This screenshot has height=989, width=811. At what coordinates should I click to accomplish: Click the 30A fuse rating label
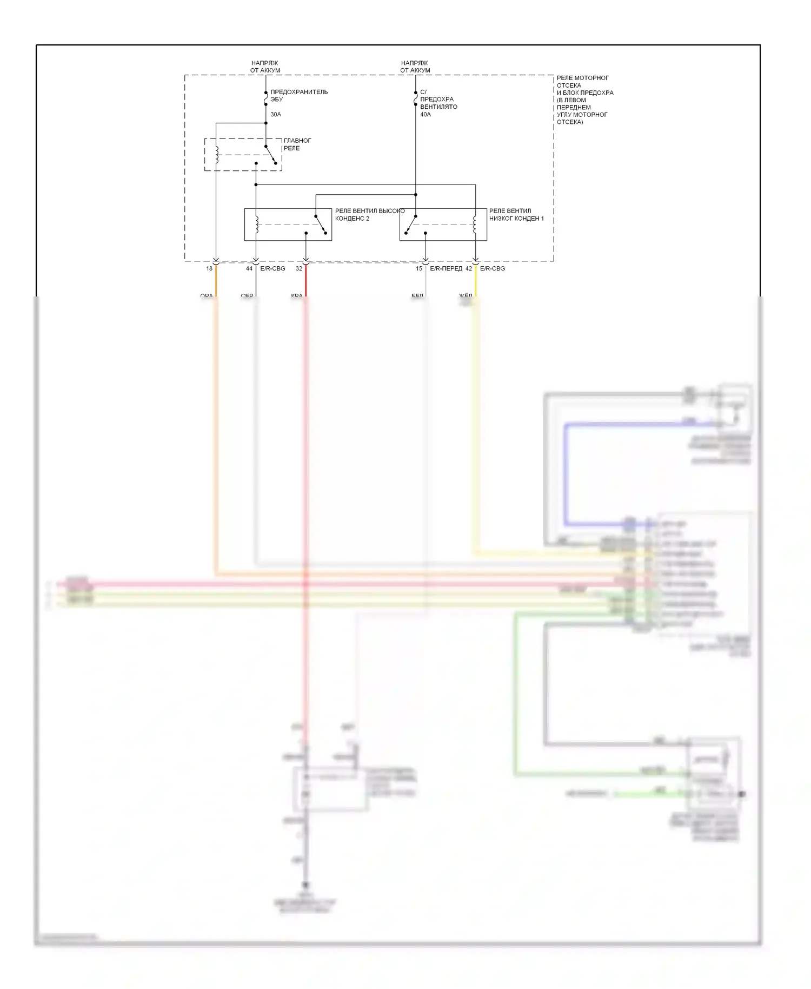(x=276, y=115)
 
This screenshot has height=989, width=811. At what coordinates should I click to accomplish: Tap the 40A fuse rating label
(x=426, y=115)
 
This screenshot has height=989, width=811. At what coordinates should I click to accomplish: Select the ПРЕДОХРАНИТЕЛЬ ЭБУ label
(x=298, y=96)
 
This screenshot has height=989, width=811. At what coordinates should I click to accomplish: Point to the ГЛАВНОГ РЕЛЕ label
(x=297, y=144)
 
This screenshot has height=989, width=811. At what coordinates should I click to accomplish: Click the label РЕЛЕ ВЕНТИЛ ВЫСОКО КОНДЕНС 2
(x=369, y=215)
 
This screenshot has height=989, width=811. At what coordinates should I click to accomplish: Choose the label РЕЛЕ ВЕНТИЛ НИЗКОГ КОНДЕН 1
(x=516, y=215)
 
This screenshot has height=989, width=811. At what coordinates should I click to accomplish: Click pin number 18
(x=209, y=268)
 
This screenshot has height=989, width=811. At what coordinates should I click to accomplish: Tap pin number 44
(x=249, y=268)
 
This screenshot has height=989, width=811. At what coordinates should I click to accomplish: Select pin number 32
(x=299, y=268)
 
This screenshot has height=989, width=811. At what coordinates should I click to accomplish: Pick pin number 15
(x=419, y=268)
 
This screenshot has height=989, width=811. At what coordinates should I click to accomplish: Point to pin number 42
(x=469, y=268)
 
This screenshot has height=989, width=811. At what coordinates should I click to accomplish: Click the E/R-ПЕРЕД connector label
(x=446, y=268)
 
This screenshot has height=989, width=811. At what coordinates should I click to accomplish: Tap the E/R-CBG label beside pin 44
(x=272, y=268)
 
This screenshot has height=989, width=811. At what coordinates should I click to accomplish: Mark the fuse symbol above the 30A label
(x=265, y=100)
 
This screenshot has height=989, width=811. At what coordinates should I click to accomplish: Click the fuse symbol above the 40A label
(x=415, y=100)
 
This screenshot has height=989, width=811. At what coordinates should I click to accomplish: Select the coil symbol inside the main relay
(x=216, y=154)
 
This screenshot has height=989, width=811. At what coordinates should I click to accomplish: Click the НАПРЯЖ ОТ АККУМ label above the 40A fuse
(x=415, y=67)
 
